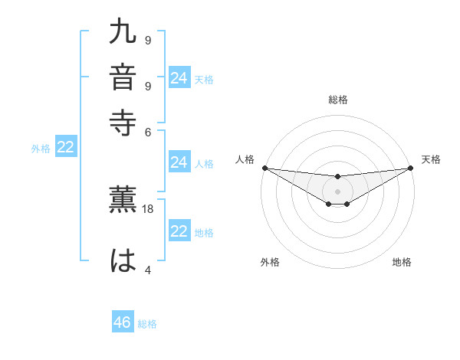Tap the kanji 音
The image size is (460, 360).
(x=123, y=77)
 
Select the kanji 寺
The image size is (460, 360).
(x=123, y=121)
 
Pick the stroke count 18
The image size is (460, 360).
(x=149, y=208)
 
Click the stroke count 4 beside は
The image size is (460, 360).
(x=148, y=270)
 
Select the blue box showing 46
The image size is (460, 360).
(x=123, y=322)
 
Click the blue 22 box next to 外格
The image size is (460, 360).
(x=66, y=148)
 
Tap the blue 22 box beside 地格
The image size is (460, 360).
(x=179, y=232)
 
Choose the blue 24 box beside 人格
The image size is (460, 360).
(x=179, y=162)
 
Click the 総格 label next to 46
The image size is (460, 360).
(x=147, y=324)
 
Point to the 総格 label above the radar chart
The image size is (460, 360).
(x=337, y=100)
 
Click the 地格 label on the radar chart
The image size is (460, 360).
(x=402, y=263)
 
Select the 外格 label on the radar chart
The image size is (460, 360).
(x=270, y=263)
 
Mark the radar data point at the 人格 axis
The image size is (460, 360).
(x=264, y=168)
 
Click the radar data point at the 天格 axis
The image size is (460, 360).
(x=410, y=168)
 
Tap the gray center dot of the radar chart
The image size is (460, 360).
(x=337, y=191)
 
